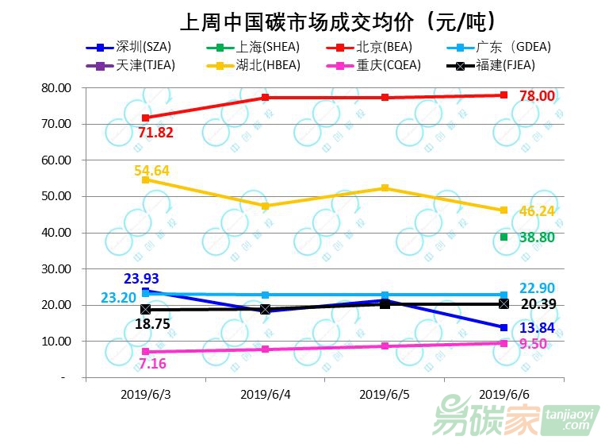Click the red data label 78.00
click(x=537, y=96)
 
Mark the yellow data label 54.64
click(x=151, y=171)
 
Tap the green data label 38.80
click(x=538, y=237)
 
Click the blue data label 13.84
click(x=538, y=327)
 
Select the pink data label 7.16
click(x=151, y=364)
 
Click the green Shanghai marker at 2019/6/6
click(x=504, y=237)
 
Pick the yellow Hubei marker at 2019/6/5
click(x=385, y=187)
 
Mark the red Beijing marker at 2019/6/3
click(x=145, y=118)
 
